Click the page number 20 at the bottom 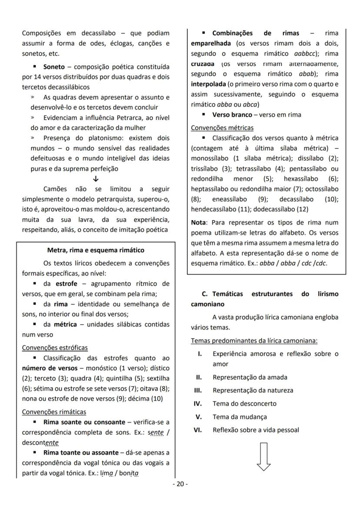(180, 484)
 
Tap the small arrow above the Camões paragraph (96, 179)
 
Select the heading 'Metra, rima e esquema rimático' (96, 250)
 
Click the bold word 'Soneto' (54, 67)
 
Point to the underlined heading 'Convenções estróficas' (55, 348)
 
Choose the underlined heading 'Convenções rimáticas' (54, 412)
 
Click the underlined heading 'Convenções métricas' (222, 128)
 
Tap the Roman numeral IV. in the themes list (197, 403)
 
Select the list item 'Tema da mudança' (240, 417)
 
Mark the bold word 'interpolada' (208, 84)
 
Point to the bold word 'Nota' (199, 222)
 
